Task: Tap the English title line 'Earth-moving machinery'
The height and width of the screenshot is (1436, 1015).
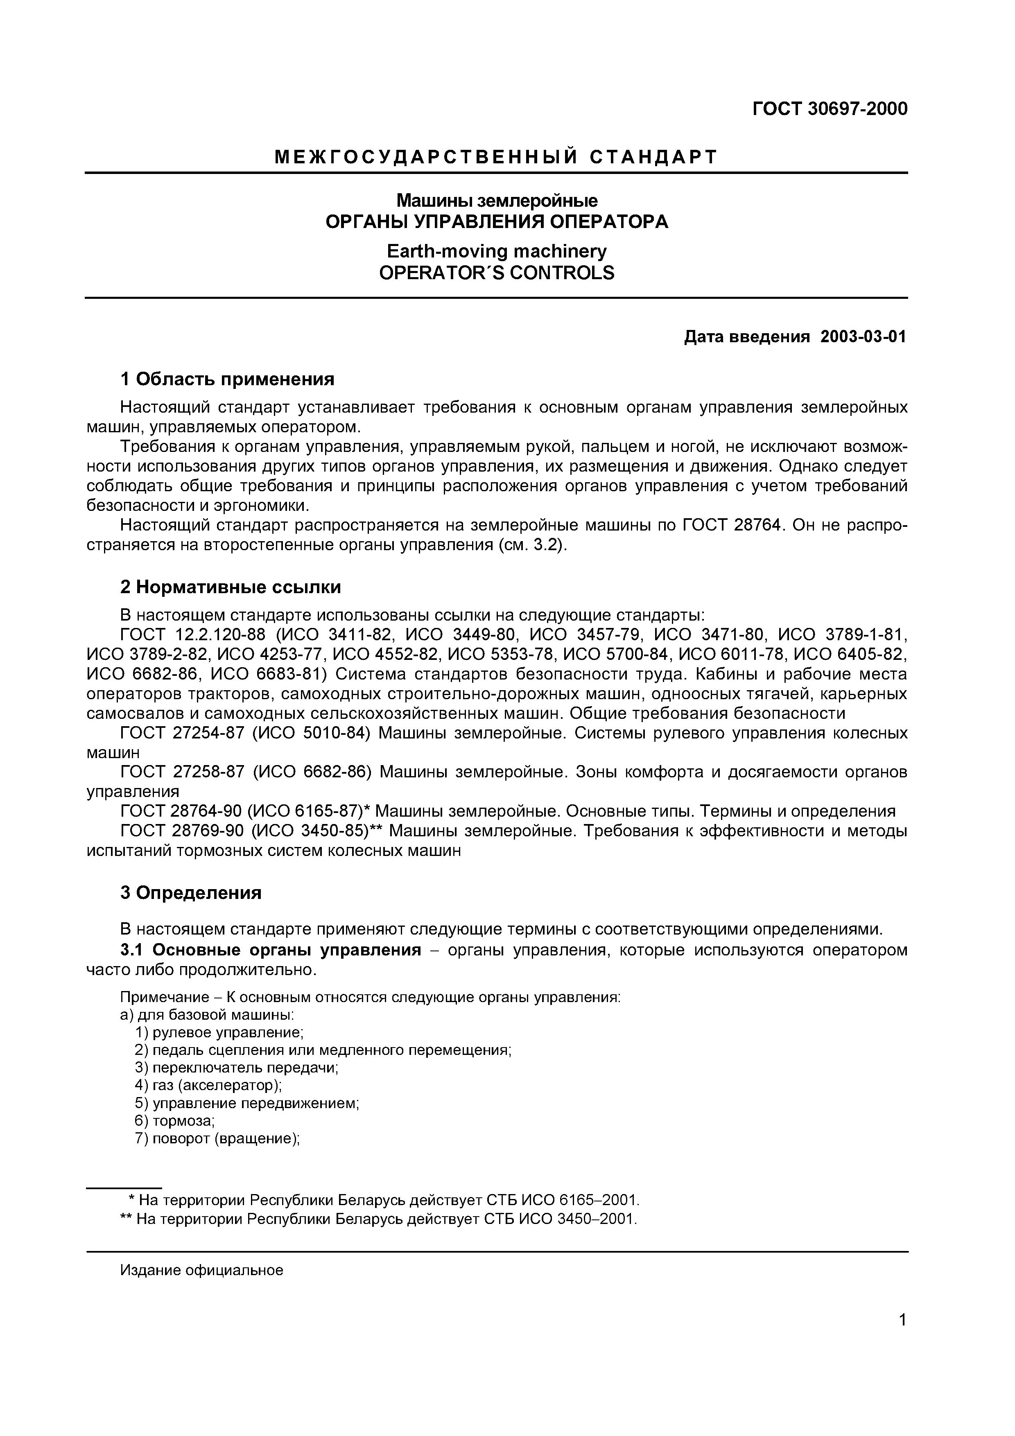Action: (497, 251)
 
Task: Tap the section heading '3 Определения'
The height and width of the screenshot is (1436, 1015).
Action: (191, 892)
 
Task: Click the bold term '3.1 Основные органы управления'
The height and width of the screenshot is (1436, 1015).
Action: (270, 950)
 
